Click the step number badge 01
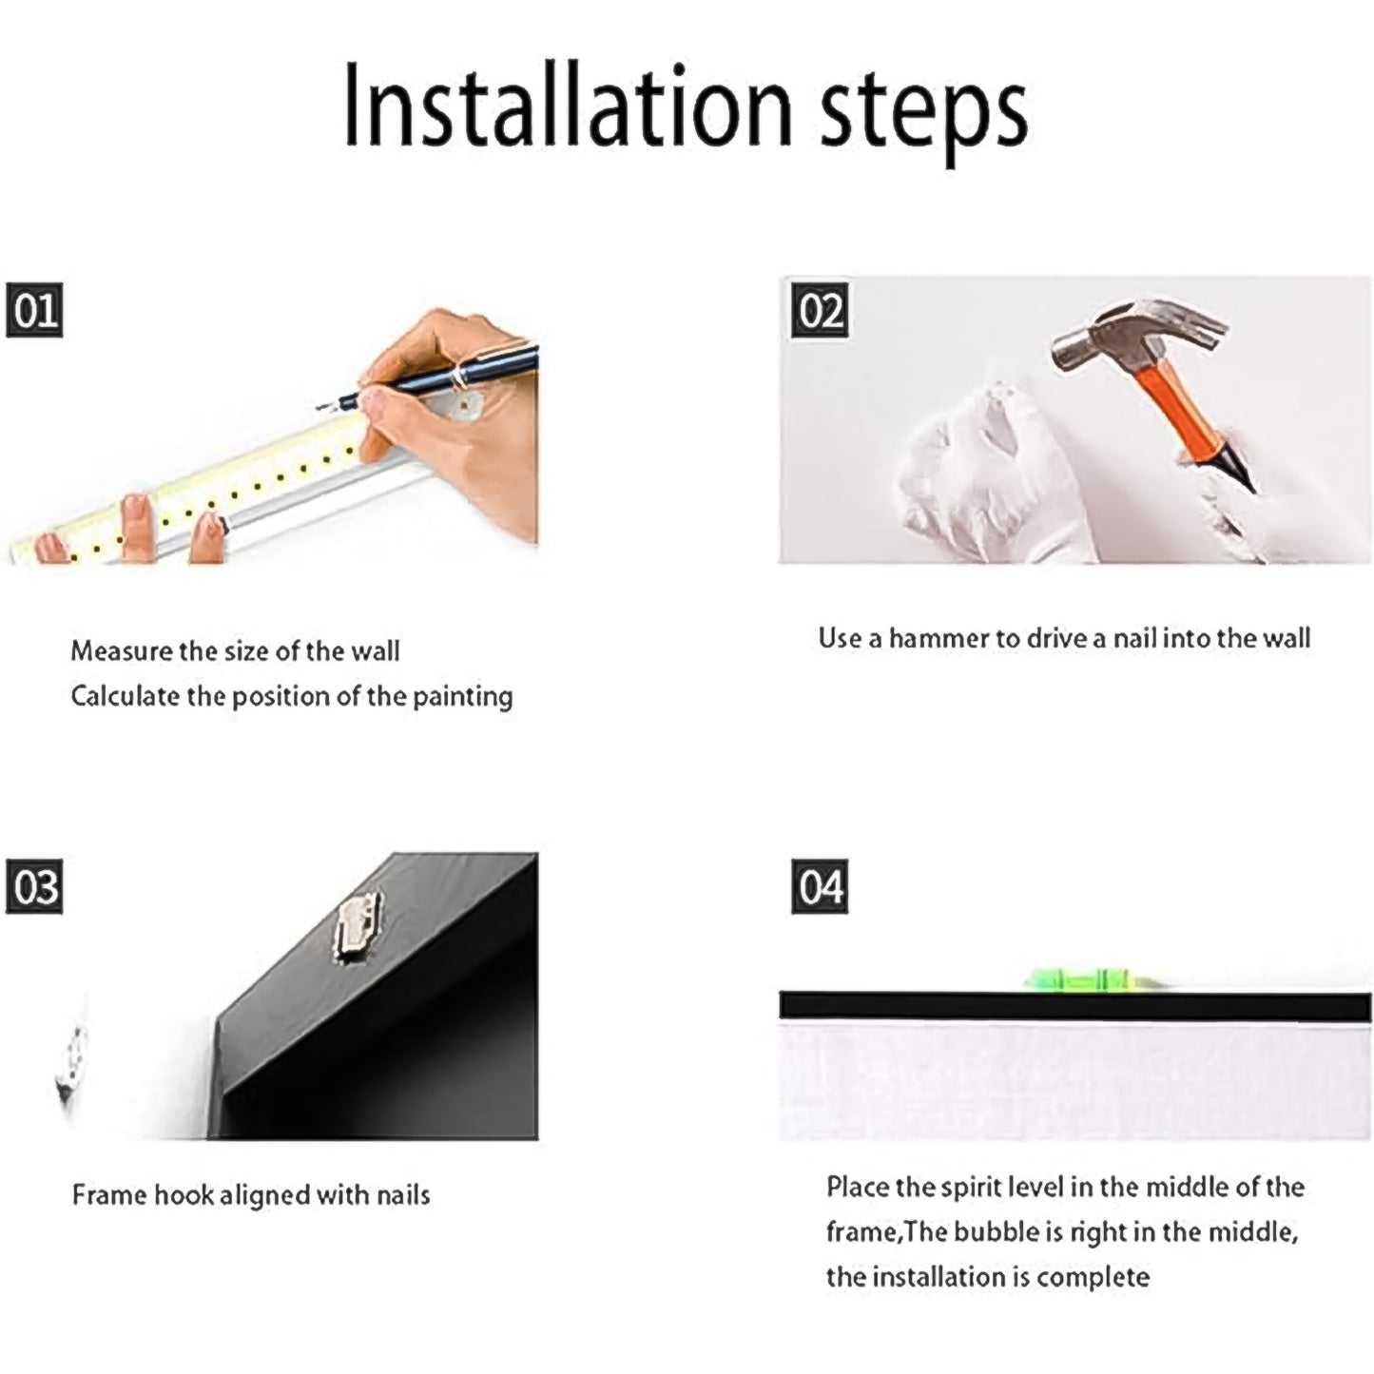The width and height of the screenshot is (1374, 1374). click(34, 310)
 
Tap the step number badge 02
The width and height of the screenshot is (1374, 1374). click(819, 310)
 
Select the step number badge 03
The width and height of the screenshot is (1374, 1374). click(34, 886)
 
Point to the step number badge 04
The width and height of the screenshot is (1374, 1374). click(819, 886)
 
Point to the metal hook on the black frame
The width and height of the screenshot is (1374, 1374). click(358, 925)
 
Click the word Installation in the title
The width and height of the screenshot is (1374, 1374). click(567, 106)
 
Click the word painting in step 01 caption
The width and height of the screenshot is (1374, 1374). click(462, 697)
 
